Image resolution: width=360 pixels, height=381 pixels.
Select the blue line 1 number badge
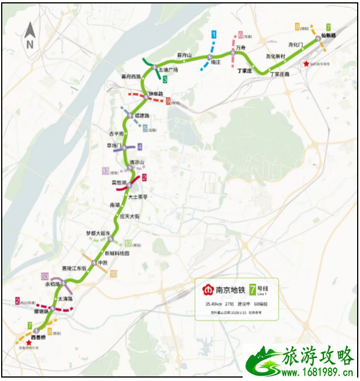coord(214,35)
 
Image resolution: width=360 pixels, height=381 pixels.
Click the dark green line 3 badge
coord(164,80)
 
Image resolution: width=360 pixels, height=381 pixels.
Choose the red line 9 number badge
coord(168,101)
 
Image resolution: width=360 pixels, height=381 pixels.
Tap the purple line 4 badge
coord(140,146)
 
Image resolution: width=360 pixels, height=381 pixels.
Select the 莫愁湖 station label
coord(119,182)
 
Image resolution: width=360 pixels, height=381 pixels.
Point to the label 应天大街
coord(130,217)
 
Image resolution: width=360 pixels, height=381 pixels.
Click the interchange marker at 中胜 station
coord(94,263)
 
